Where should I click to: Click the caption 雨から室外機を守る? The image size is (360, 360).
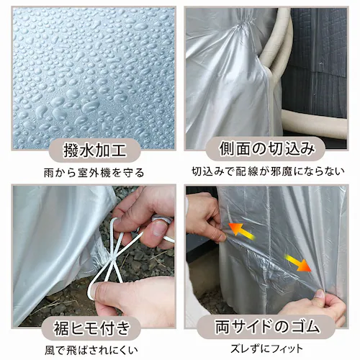tap(89, 173)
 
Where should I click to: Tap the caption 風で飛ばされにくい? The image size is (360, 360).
tap(89, 351)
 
